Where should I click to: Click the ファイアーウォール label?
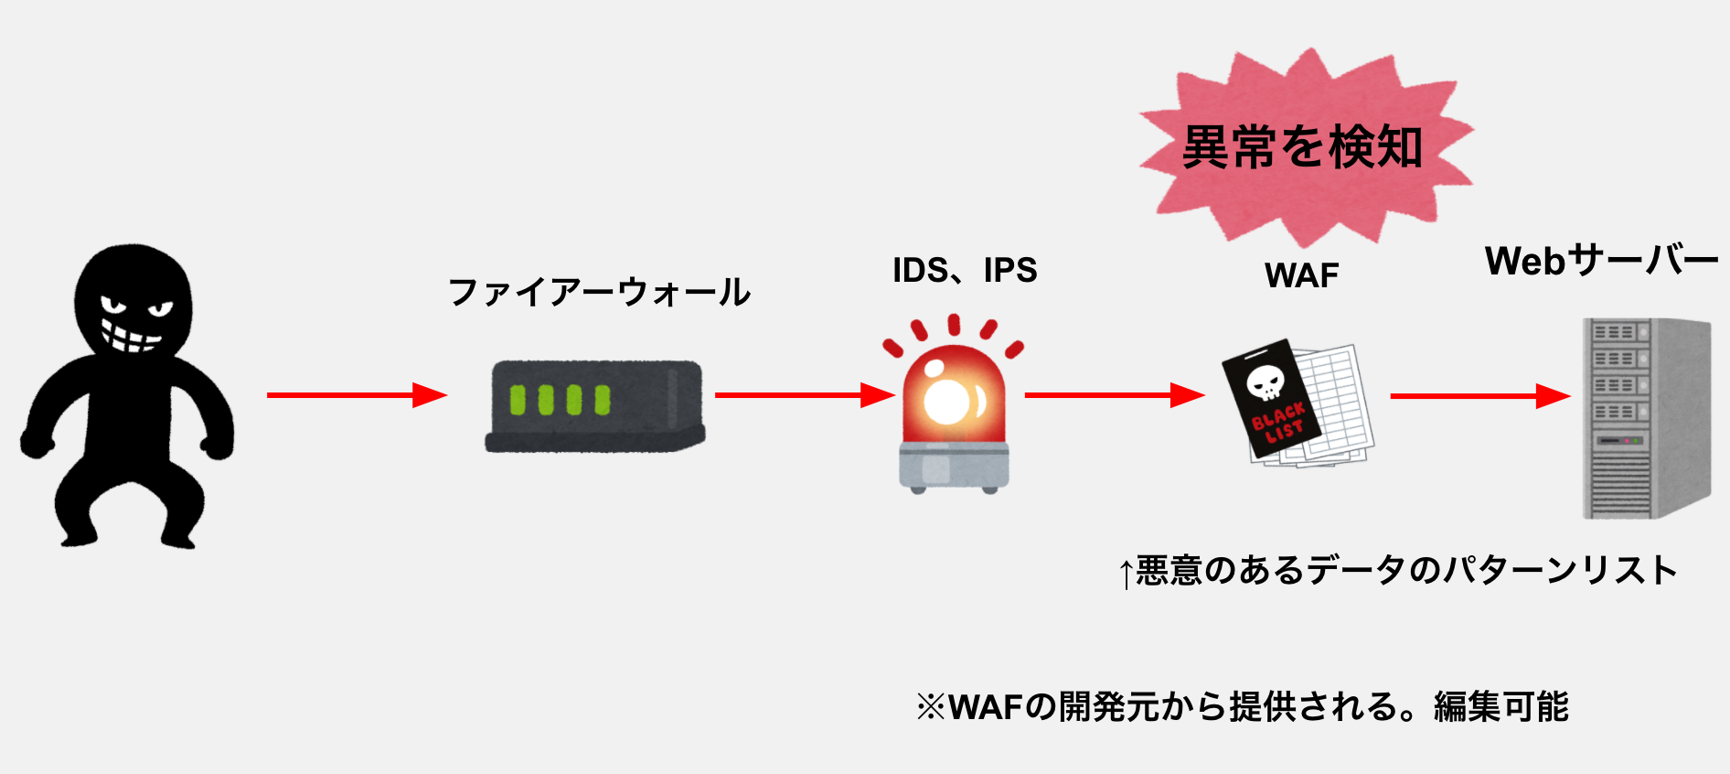click(x=599, y=293)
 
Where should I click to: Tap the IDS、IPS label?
click(x=965, y=271)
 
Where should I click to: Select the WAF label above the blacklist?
click(x=1301, y=275)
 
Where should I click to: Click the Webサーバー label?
click(x=1601, y=262)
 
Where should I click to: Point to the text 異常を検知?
click(x=1302, y=148)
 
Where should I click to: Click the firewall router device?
click(x=594, y=405)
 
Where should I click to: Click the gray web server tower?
click(x=1646, y=418)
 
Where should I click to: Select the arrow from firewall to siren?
click(x=803, y=395)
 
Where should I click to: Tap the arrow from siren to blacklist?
click(x=1114, y=395)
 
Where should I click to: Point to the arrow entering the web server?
click(x=1479, y=396)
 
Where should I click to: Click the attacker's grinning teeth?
click(x=130, y=337)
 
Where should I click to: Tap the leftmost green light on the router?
click(x=518, y=400)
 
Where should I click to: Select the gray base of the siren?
click(x=954, y=467)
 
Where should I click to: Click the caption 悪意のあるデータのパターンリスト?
click(x=1406, y=571)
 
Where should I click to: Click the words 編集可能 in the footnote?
click(x=1501, y=707)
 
